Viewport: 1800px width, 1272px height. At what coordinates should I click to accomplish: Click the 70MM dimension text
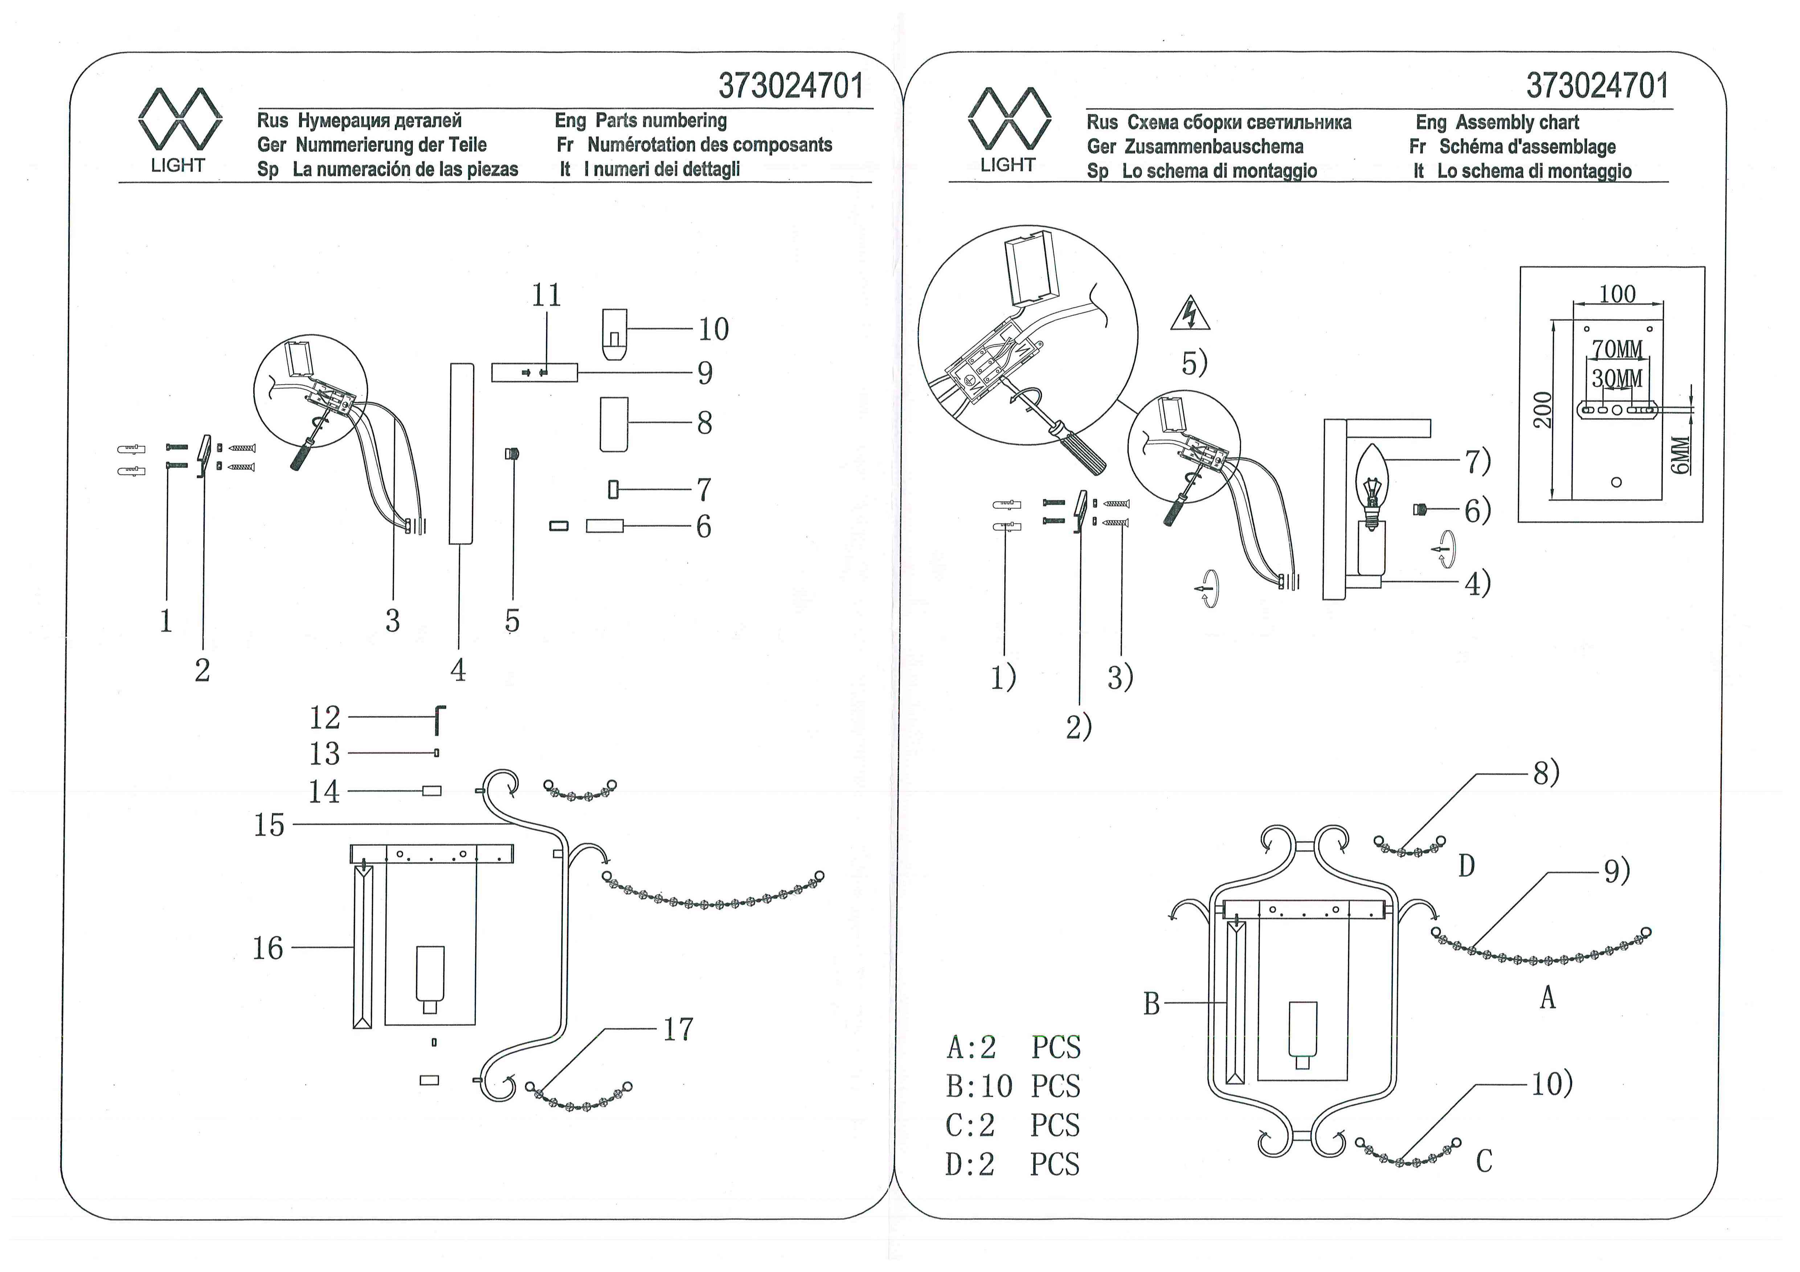(x=1617, y=349)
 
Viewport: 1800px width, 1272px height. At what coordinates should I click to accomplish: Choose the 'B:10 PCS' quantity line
(x=1013, y=1086)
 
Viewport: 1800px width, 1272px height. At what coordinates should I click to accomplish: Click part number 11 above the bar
(x=547, y=296)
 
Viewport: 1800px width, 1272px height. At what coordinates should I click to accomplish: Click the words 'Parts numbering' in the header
(x=661, y=121)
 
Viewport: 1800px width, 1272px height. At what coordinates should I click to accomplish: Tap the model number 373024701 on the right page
(x=1598, y=86)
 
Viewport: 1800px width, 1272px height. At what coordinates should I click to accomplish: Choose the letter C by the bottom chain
(x=1484, y=1161)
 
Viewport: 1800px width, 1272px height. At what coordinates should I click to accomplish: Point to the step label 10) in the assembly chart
(x=1552, y=1084)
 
